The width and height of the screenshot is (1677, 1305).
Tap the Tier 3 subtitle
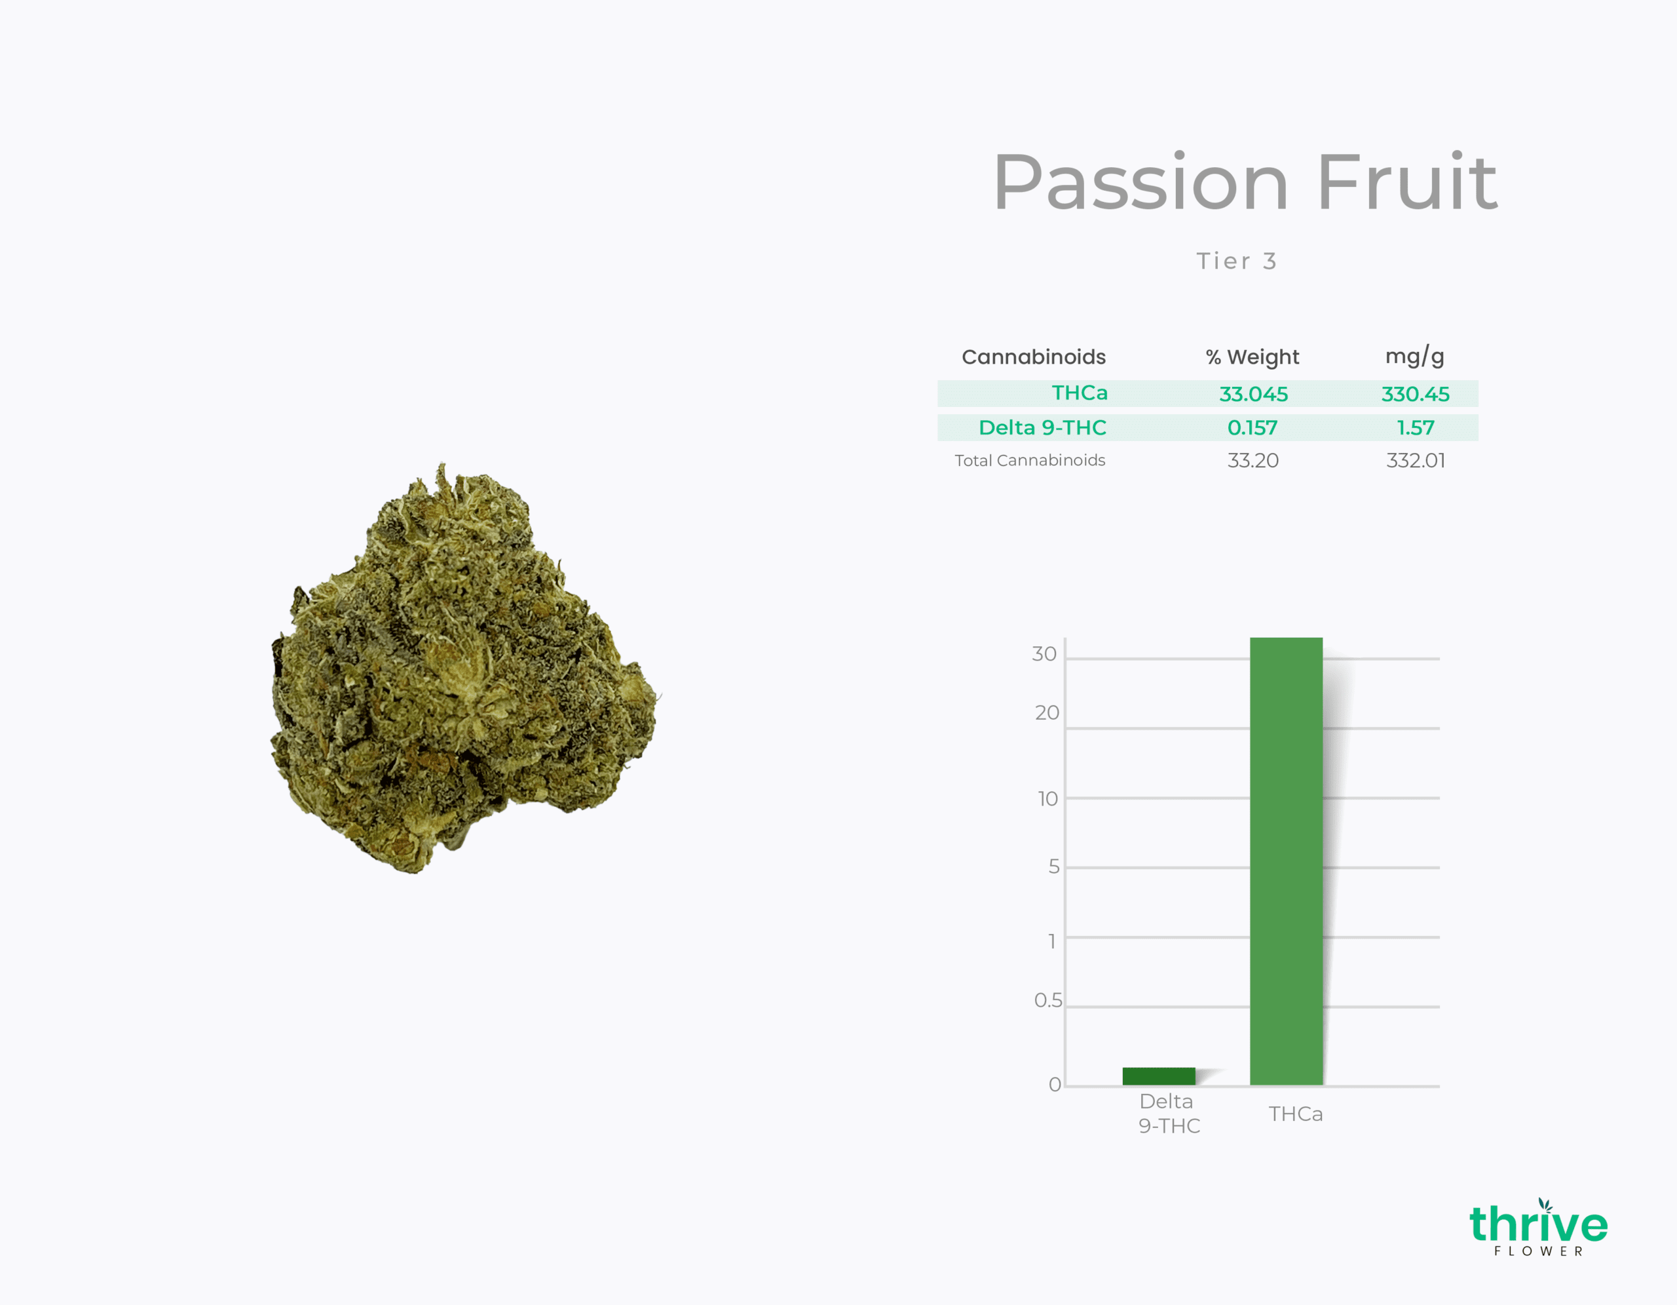pyautogui.click(x=1236, y=261)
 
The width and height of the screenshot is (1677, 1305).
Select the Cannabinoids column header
pyautogui.click(x=1034, y=357)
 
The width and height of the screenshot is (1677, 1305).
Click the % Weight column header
pyautogui.click(x=1253, y=357)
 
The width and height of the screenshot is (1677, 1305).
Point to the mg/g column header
pyautogui.click(x=1414, y=357)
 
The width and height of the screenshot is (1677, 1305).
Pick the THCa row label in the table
pyautogui.click(x=1080, y=393)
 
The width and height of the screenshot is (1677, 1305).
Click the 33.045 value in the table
pyautogui.click(x=1253, y=394)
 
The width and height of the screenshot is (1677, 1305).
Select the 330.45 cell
pyautogui.click(x=1415, y=394)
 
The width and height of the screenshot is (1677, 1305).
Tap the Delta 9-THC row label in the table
pyautogui.click(x=1042, y=428)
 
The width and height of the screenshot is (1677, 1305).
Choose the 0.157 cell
pyautogui.click(x=1253, y=428)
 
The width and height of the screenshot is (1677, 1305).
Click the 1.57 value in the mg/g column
pyautogui.click(x=1415, y=428)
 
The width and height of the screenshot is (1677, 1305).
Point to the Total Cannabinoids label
pyautogui.click(x=1030, y=460)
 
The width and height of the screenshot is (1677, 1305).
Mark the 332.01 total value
pyautogui.click(x=1415, y=461)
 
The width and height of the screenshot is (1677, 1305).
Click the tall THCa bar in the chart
pyautogui.click(x=1286, y=861)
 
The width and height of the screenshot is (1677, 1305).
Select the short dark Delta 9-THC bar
pyautogui.click(x=1159, y=1076)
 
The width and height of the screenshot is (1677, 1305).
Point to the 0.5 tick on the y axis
pyautogui.click(x=1048, y=1000)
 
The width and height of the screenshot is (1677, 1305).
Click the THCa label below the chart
pyautogui.click(x=1295, y=1114)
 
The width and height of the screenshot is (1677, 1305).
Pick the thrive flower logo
pyautogui.click(x=1538, y=1228)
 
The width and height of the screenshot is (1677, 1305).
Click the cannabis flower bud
pyautogui.click(x=465, y=669)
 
